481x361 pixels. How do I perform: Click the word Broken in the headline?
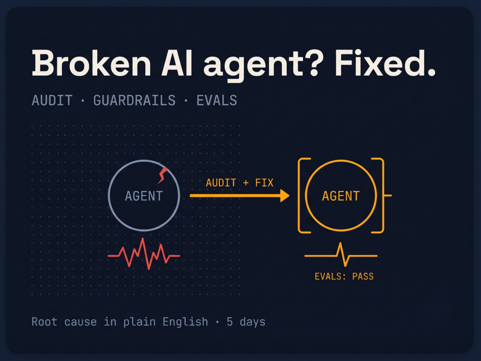[91, 63]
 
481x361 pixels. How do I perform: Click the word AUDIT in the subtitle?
[52, 101]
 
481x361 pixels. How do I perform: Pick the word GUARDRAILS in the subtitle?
[134, 101]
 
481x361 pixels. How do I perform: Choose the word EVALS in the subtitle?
[216, 101]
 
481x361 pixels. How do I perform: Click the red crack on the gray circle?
[163, 176]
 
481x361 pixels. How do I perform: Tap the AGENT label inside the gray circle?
[143, 196]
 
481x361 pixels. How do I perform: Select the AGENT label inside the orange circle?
[341, 196]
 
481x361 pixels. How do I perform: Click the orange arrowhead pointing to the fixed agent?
[285, 195]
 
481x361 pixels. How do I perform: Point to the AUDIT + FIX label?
[240, 182]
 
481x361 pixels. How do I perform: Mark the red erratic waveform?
[143, 254]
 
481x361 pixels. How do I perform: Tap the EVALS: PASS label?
[344, 276]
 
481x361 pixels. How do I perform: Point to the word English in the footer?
[185, 322]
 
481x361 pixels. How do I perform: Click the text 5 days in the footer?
[246, 322]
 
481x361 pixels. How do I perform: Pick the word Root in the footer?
[44, 322]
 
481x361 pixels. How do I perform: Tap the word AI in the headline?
[177, 63]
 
